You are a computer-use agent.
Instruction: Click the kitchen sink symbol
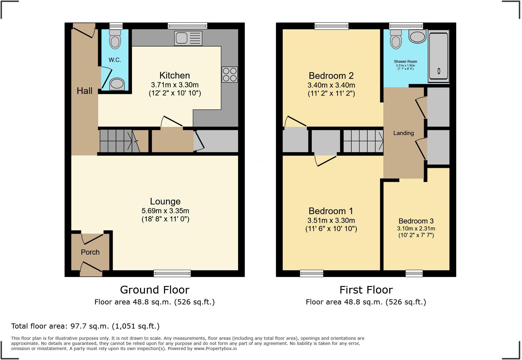pos(188,38)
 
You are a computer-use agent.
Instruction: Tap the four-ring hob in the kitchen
pos(230,75)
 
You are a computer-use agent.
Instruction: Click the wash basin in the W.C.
pos(117,84)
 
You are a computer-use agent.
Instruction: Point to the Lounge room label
pos(165,201)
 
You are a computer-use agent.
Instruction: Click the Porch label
pos(90,252)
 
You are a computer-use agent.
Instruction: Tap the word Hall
pos(84,91)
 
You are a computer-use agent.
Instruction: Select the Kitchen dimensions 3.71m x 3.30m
pos(175,85)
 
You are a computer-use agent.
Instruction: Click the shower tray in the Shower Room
pos(438,57)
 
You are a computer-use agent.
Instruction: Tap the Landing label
pos(403,133)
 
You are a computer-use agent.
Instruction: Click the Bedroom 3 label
pos(416,221)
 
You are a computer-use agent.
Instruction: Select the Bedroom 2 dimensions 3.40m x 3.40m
pos(331,85)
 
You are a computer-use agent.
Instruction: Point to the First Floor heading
pos(366,290)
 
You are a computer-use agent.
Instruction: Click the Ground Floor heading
pos(155,290)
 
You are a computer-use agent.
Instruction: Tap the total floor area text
pos(85,326)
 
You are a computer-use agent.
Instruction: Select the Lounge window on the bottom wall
pos(172,273)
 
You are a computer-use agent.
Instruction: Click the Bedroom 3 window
pos(414,273)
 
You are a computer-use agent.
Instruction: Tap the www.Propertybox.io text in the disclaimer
pos(215,349)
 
